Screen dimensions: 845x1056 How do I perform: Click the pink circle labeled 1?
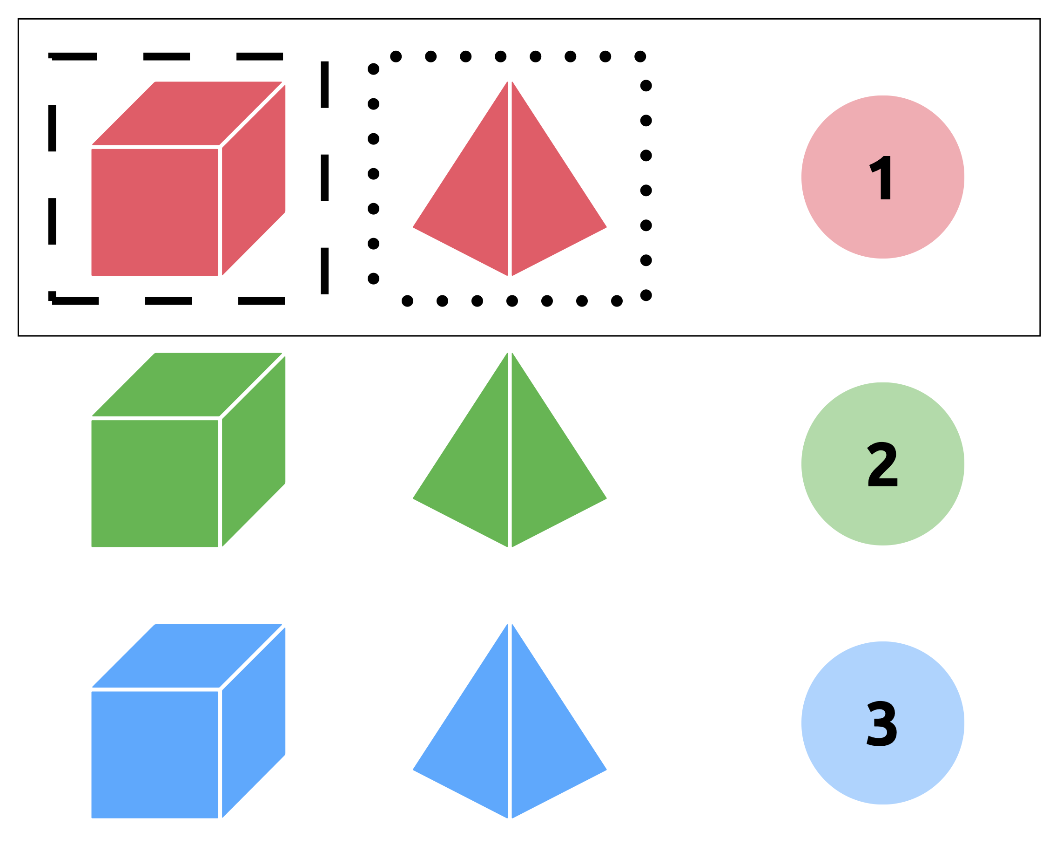(x=882, y=177)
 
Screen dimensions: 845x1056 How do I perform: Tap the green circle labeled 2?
(x=882, y=463)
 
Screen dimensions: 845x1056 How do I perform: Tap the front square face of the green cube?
(x=155, y=483)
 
